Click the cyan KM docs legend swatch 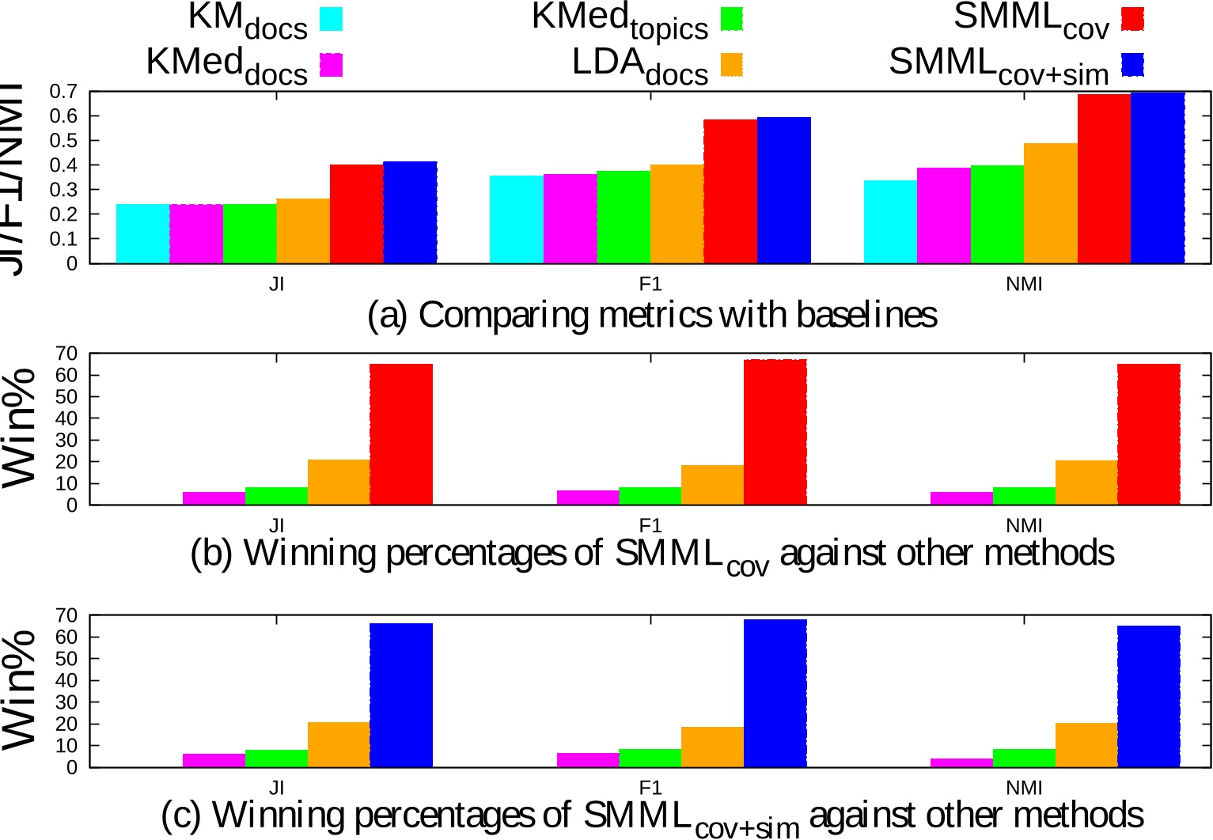pyautogui.click(x=332, y=19)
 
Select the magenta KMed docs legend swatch pyautogui.click(x=332, y=65)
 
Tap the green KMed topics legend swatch pyautogui.click(x=732, y=19)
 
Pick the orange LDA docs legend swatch pyautogui.click(x=732, y=65)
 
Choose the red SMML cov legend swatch pyautogui.click(x=1132, y=19)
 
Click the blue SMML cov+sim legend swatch pyautogui.click(x=1132, y=65)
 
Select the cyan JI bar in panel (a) pyautogui.click(x=143, y=233)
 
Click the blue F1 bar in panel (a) pyautogui.click(x=784, y=190)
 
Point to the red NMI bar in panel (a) pyautogui.click(x=1104, y=179)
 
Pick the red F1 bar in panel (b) pyautogui.click(x=775, y=432)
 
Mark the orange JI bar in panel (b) pyautogui.click(x=339, y=482)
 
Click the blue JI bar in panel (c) pyautogui.click(x=401, y=695)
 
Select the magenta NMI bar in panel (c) pyautogui.click(x=961, y=762)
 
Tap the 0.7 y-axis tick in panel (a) pyautogui.click(x=63, y=92)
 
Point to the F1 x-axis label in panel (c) pyautogui.click(x=650, y=788)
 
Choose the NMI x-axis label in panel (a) pyautogui.click(x=1024, y=284)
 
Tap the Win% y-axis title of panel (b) pyautogui.click(x=21, y=428)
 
